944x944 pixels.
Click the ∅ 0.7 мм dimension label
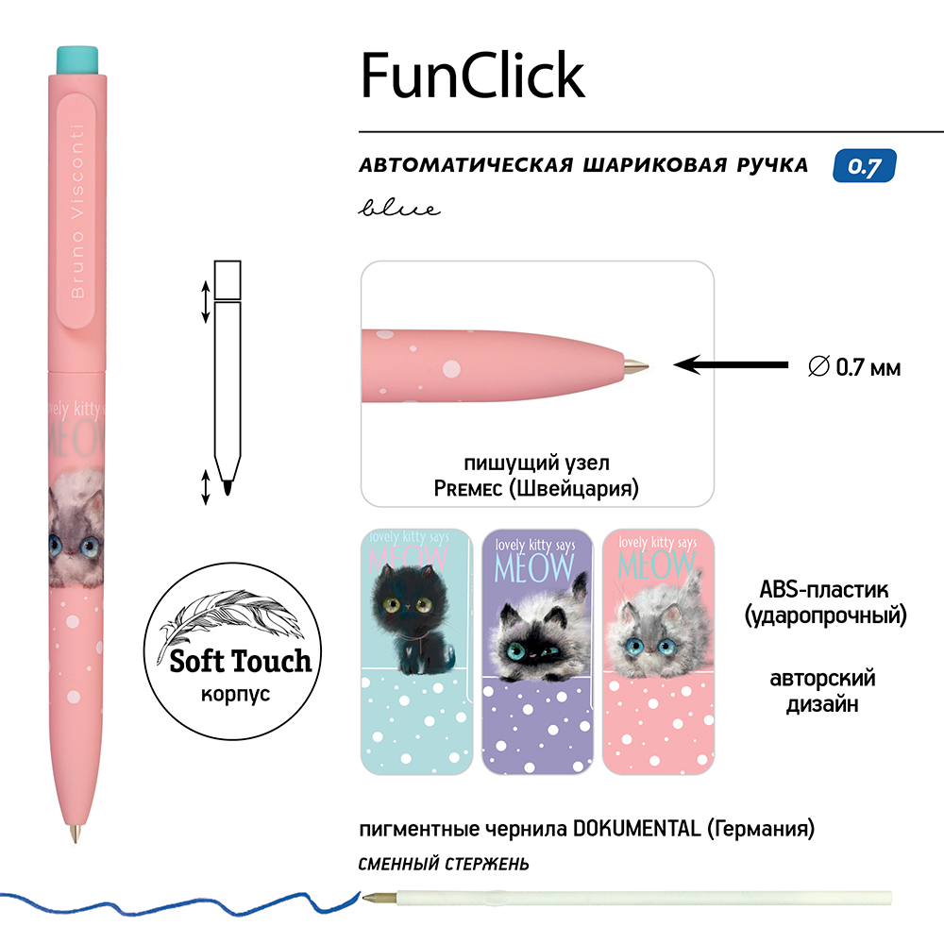(x=855, y=366)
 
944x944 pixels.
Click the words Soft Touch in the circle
(x=240, y=661)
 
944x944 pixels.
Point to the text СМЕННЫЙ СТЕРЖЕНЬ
(x=444, y=863)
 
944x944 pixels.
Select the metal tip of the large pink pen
(x=76, y=834)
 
